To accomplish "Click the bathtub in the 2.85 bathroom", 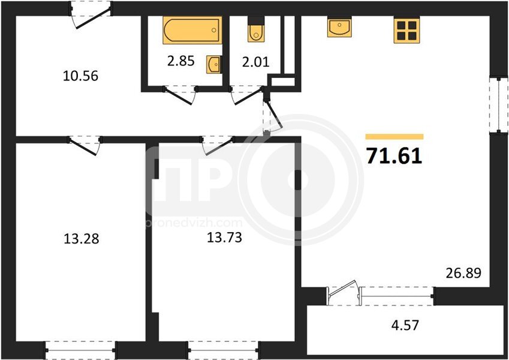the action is pos(192,30).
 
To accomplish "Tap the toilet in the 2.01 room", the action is pos(256,29).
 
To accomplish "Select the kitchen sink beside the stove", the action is pos(339,27).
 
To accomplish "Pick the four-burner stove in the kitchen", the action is pos(406,30).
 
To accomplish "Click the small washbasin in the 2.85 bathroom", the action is pos(214,64).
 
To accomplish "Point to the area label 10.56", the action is pos(80,76).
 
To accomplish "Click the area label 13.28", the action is pos(81,239).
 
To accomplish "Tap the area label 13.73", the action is pos(224,238).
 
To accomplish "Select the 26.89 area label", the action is pos(463,273).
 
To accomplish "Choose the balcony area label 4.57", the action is pos(405,325).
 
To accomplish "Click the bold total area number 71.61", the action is pos(394,155).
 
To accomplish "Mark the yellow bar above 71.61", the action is pos(394,136).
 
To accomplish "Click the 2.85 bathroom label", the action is pos(181,61).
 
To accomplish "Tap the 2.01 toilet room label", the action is pos(256,61).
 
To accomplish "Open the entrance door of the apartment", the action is pos(91,14).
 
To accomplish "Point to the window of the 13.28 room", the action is pos(80,350).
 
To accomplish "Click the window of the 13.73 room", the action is pos(224,350).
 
